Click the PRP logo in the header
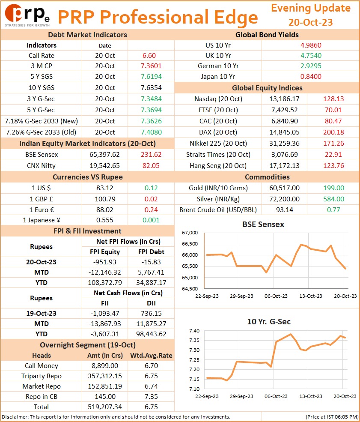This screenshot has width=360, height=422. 27,15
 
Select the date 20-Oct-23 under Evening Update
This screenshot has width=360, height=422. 310,22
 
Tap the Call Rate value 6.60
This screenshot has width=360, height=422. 149,56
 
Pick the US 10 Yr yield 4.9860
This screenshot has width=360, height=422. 311,45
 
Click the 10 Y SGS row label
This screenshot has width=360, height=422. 42,88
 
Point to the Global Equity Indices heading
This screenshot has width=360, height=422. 267,88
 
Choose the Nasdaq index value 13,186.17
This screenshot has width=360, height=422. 284,99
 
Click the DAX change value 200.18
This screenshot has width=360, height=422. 333,132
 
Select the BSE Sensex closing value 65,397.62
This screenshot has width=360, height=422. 104,155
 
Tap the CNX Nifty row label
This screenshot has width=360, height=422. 41,166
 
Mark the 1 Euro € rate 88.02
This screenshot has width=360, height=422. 104,210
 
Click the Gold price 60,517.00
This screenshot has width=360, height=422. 284,188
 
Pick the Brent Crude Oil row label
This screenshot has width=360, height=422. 218,210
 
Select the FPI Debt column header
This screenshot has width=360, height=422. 151,252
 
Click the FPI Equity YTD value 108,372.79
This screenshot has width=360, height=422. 104,283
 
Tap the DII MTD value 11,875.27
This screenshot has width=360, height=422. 151,324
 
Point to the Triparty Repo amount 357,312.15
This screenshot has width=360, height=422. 104,376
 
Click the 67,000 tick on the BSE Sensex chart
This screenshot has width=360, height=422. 190,233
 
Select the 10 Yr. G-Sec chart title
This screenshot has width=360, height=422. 269,322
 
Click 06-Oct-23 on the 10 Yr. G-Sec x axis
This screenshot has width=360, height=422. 276,396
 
